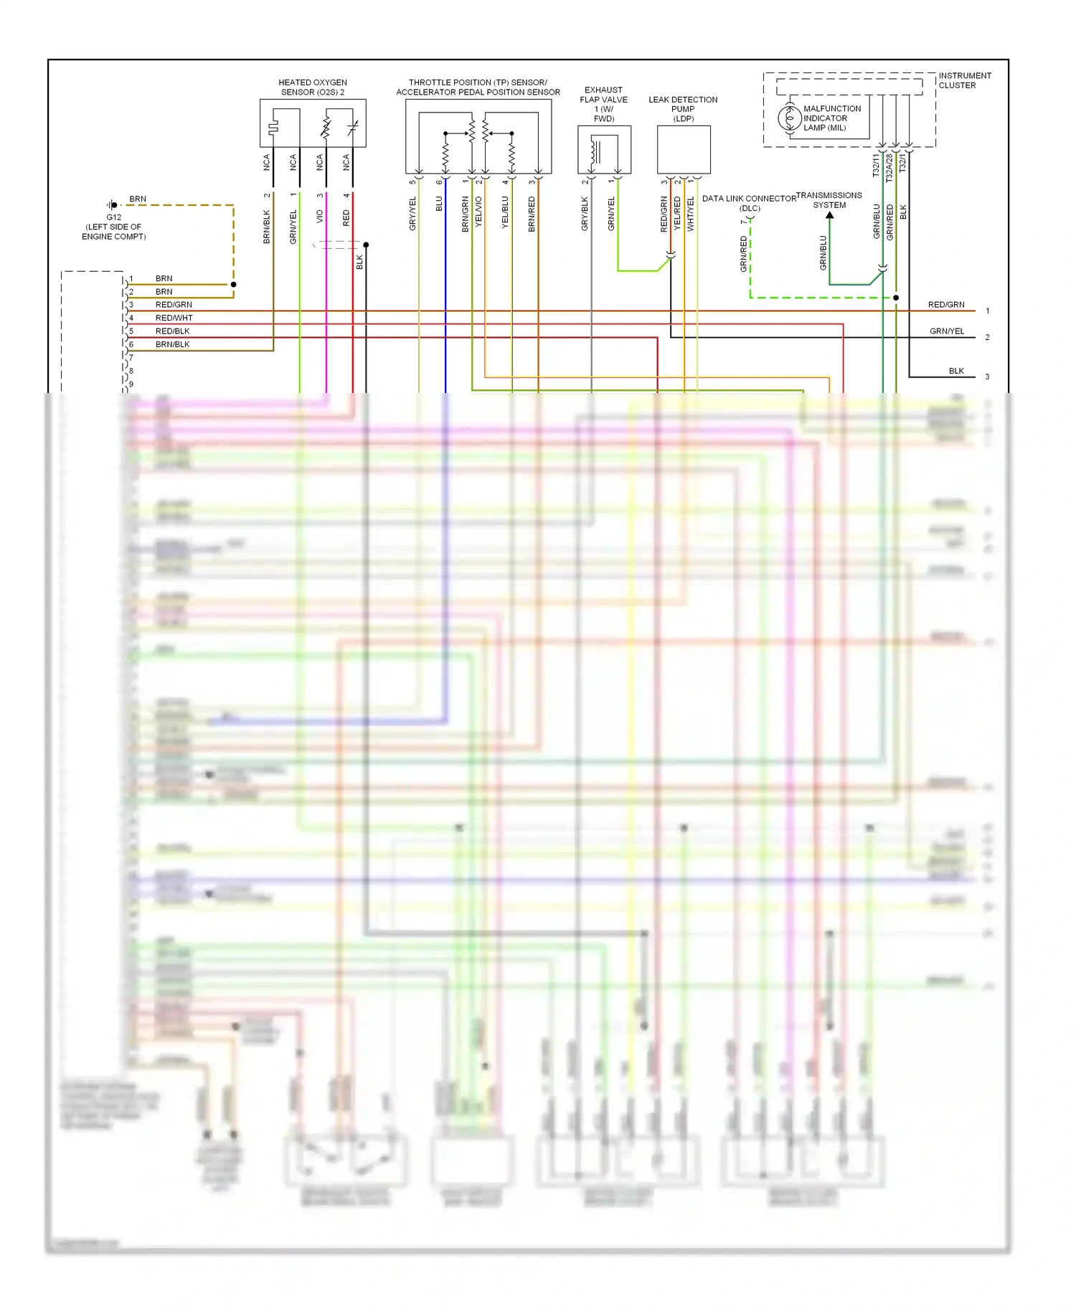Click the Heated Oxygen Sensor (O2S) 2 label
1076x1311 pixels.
coord(313,87)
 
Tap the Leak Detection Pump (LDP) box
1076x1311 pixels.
coord(684,149)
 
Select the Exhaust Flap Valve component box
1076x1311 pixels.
coord(604,149)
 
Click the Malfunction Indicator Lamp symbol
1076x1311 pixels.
coord(789,118)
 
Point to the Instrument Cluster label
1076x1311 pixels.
coord(964,80)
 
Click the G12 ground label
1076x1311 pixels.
coord(114,217)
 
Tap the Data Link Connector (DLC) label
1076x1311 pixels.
coord(749,203)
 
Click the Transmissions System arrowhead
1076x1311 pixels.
coord(830,214)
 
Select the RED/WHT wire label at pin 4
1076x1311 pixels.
coord(174,318)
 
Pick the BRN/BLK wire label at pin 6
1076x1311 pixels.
coord(172,344)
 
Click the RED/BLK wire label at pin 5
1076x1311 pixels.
coord(172,331)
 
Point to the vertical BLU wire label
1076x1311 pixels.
coord(439,204)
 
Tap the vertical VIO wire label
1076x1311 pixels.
coord(320,215)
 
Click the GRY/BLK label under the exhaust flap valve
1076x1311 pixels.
coord(585,214)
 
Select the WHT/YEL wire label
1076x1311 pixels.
coord(691,214)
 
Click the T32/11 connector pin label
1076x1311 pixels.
coord(876,165)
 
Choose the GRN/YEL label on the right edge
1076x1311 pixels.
coord(947,331)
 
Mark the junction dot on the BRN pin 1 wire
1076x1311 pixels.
coord(234,285)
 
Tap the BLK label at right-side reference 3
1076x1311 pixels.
coord(956,371)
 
